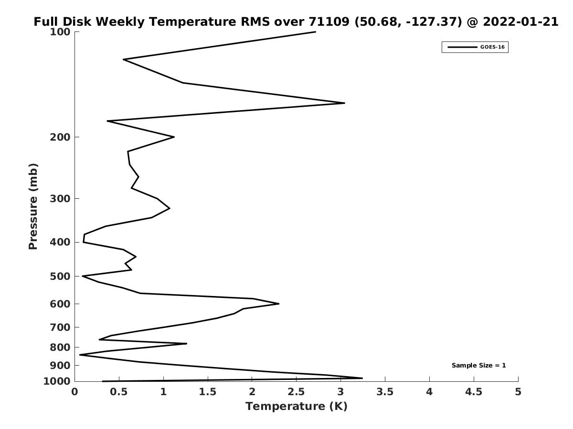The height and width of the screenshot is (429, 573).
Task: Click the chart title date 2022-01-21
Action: point(520,21)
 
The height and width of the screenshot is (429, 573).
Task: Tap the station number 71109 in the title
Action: point(329,21)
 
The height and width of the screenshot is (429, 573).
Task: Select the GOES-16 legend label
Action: point(492,47)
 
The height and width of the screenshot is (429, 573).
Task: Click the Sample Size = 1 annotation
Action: point(478,366)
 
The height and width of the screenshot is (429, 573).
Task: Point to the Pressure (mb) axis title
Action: point(33,206)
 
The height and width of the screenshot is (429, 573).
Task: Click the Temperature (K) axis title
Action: point(297,406)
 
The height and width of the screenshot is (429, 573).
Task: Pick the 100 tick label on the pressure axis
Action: point(60,32)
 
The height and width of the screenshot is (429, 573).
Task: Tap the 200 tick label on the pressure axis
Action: point(60,137)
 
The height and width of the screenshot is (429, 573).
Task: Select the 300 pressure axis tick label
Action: point(60,198)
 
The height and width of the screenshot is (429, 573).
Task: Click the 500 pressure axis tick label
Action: point(60,276)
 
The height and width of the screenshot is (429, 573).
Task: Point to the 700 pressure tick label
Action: point(60,327)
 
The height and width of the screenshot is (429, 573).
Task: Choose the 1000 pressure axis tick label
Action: point(57,381)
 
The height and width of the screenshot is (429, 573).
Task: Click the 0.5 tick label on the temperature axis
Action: point(119,392)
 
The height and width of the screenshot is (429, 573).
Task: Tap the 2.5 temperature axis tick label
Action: point(297,392)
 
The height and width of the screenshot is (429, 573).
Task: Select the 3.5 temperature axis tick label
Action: point(385,392)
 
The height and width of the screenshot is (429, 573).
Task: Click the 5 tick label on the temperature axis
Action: point(518,392)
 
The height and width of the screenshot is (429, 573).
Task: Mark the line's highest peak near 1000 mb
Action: point(362,378)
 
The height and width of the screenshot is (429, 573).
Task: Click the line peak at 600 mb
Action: point(279,304)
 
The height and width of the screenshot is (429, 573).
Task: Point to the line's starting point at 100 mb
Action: point(316,32)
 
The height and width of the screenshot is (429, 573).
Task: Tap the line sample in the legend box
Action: point(462,47)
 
